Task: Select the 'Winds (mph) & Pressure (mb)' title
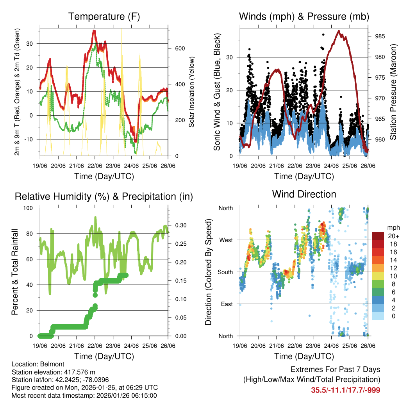(x=304, y=17)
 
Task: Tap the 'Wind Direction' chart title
(x=304, y=194)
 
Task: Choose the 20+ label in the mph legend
(x=393, y=236)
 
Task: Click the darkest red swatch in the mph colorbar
(x=378, y=236)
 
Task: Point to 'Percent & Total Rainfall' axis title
(x=14, y=272)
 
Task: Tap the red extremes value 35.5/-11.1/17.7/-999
(x=345, y=390)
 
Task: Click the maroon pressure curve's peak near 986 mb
(x=339, y=31)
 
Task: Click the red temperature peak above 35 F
(x=94, y=31)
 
